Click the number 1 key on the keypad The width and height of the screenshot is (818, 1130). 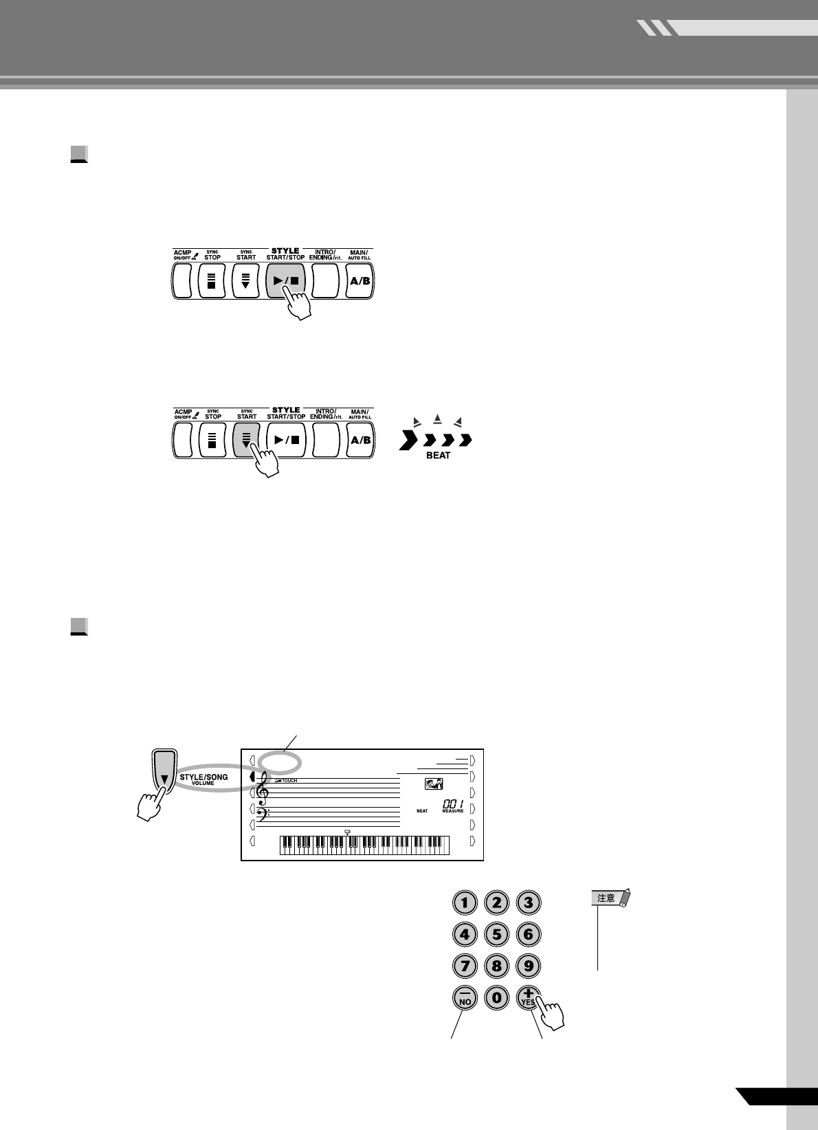click(465, 902)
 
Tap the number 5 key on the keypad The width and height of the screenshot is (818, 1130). click(496, 934)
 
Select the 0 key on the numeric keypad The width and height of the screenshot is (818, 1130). click(496, 997)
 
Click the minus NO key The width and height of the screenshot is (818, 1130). click(465, 997)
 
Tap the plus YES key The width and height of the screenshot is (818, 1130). click(527, 996)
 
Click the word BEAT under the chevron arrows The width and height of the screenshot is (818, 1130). click(438, 456)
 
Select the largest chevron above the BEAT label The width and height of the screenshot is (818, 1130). click(408, 441)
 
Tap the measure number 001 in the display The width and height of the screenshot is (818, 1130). click(453, 804)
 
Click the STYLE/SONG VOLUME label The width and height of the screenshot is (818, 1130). click(203, 779)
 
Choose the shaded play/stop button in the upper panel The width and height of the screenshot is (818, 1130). click(285, 280)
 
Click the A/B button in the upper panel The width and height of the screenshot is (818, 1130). click(360, 280)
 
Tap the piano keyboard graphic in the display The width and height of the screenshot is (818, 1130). click(364, 845)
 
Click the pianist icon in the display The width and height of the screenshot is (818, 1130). click(434, 784)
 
